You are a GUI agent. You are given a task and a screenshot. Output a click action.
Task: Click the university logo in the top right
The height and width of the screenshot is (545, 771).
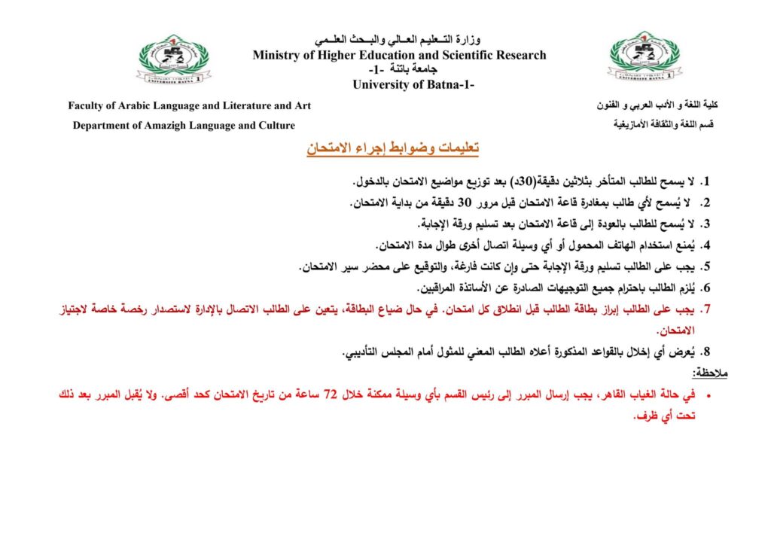(645, 58)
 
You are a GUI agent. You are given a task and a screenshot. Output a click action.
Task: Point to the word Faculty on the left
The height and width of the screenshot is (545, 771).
(89, 106)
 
